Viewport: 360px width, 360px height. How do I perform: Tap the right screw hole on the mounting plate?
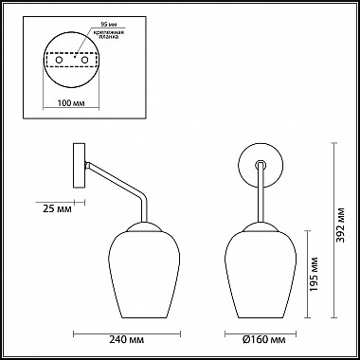(x=86, y=60)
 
